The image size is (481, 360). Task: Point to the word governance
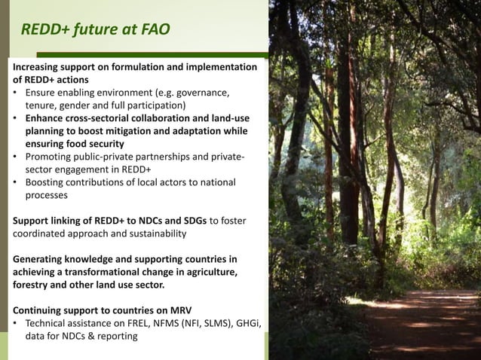coord(202,93)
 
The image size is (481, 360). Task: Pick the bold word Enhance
coord(47,119)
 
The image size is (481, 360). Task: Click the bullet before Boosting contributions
coord(17,182)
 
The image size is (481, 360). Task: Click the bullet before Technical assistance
coord(17,323)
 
